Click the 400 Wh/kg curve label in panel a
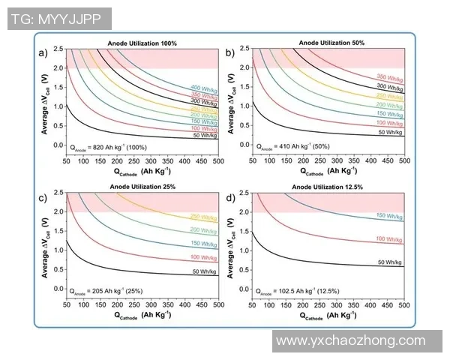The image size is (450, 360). tap(203, 87)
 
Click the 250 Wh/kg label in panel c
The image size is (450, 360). tap(203, 216)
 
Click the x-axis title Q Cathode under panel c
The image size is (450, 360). tap(142, 316)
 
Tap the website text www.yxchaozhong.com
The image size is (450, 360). tap(351, 340)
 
